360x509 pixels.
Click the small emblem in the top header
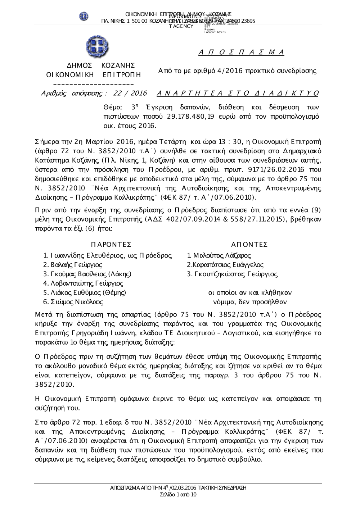(84, 16)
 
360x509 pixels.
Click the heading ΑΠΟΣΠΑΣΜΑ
(241, 53)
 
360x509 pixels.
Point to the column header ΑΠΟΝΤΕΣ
(249, 245)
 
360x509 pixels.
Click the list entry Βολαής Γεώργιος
(75, 265)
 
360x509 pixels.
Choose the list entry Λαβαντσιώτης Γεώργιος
(86, 283)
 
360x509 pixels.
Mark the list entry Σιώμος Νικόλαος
(76, 302)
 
